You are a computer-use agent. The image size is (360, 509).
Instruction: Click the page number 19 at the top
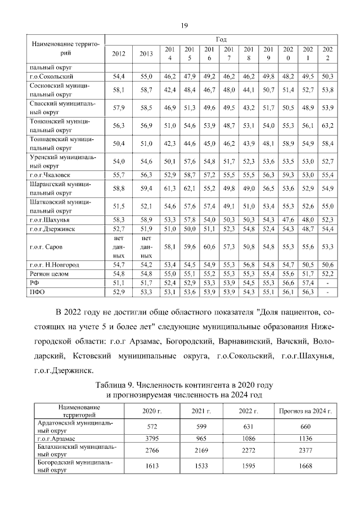click(x=183, y=25)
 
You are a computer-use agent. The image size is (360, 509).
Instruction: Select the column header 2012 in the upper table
click(x=119, y=53)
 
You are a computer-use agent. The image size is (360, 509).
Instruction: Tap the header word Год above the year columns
click(x=221, y=40)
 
